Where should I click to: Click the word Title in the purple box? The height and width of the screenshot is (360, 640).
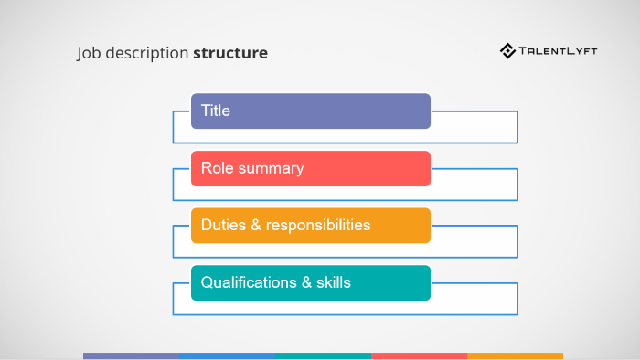pos(216,111)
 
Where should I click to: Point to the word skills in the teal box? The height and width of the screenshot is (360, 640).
pos(333,282)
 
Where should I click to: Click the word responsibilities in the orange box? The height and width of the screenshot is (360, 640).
pos(318,225)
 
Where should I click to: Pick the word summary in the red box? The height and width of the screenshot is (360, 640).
pos(271,169)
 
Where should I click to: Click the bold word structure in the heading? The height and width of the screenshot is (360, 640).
pos(230,53)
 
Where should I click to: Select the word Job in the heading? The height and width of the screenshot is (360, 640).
pos(87,53)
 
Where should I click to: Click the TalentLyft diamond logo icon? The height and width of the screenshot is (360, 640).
pos(507,51)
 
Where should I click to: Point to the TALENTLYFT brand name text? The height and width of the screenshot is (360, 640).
pos(558,51)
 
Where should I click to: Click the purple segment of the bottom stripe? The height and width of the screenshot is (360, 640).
pos(131,355)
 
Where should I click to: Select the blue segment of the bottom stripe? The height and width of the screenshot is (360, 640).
pos(227,355)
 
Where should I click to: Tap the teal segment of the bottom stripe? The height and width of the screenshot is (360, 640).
pos(323,355)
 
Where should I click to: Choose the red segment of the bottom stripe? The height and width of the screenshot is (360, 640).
pos(419,355)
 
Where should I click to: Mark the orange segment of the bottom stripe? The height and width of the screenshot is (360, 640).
pos(515,355)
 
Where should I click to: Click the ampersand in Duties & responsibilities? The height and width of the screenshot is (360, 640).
pos(255,225)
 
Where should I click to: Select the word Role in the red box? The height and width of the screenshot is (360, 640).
pos(218,169)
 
